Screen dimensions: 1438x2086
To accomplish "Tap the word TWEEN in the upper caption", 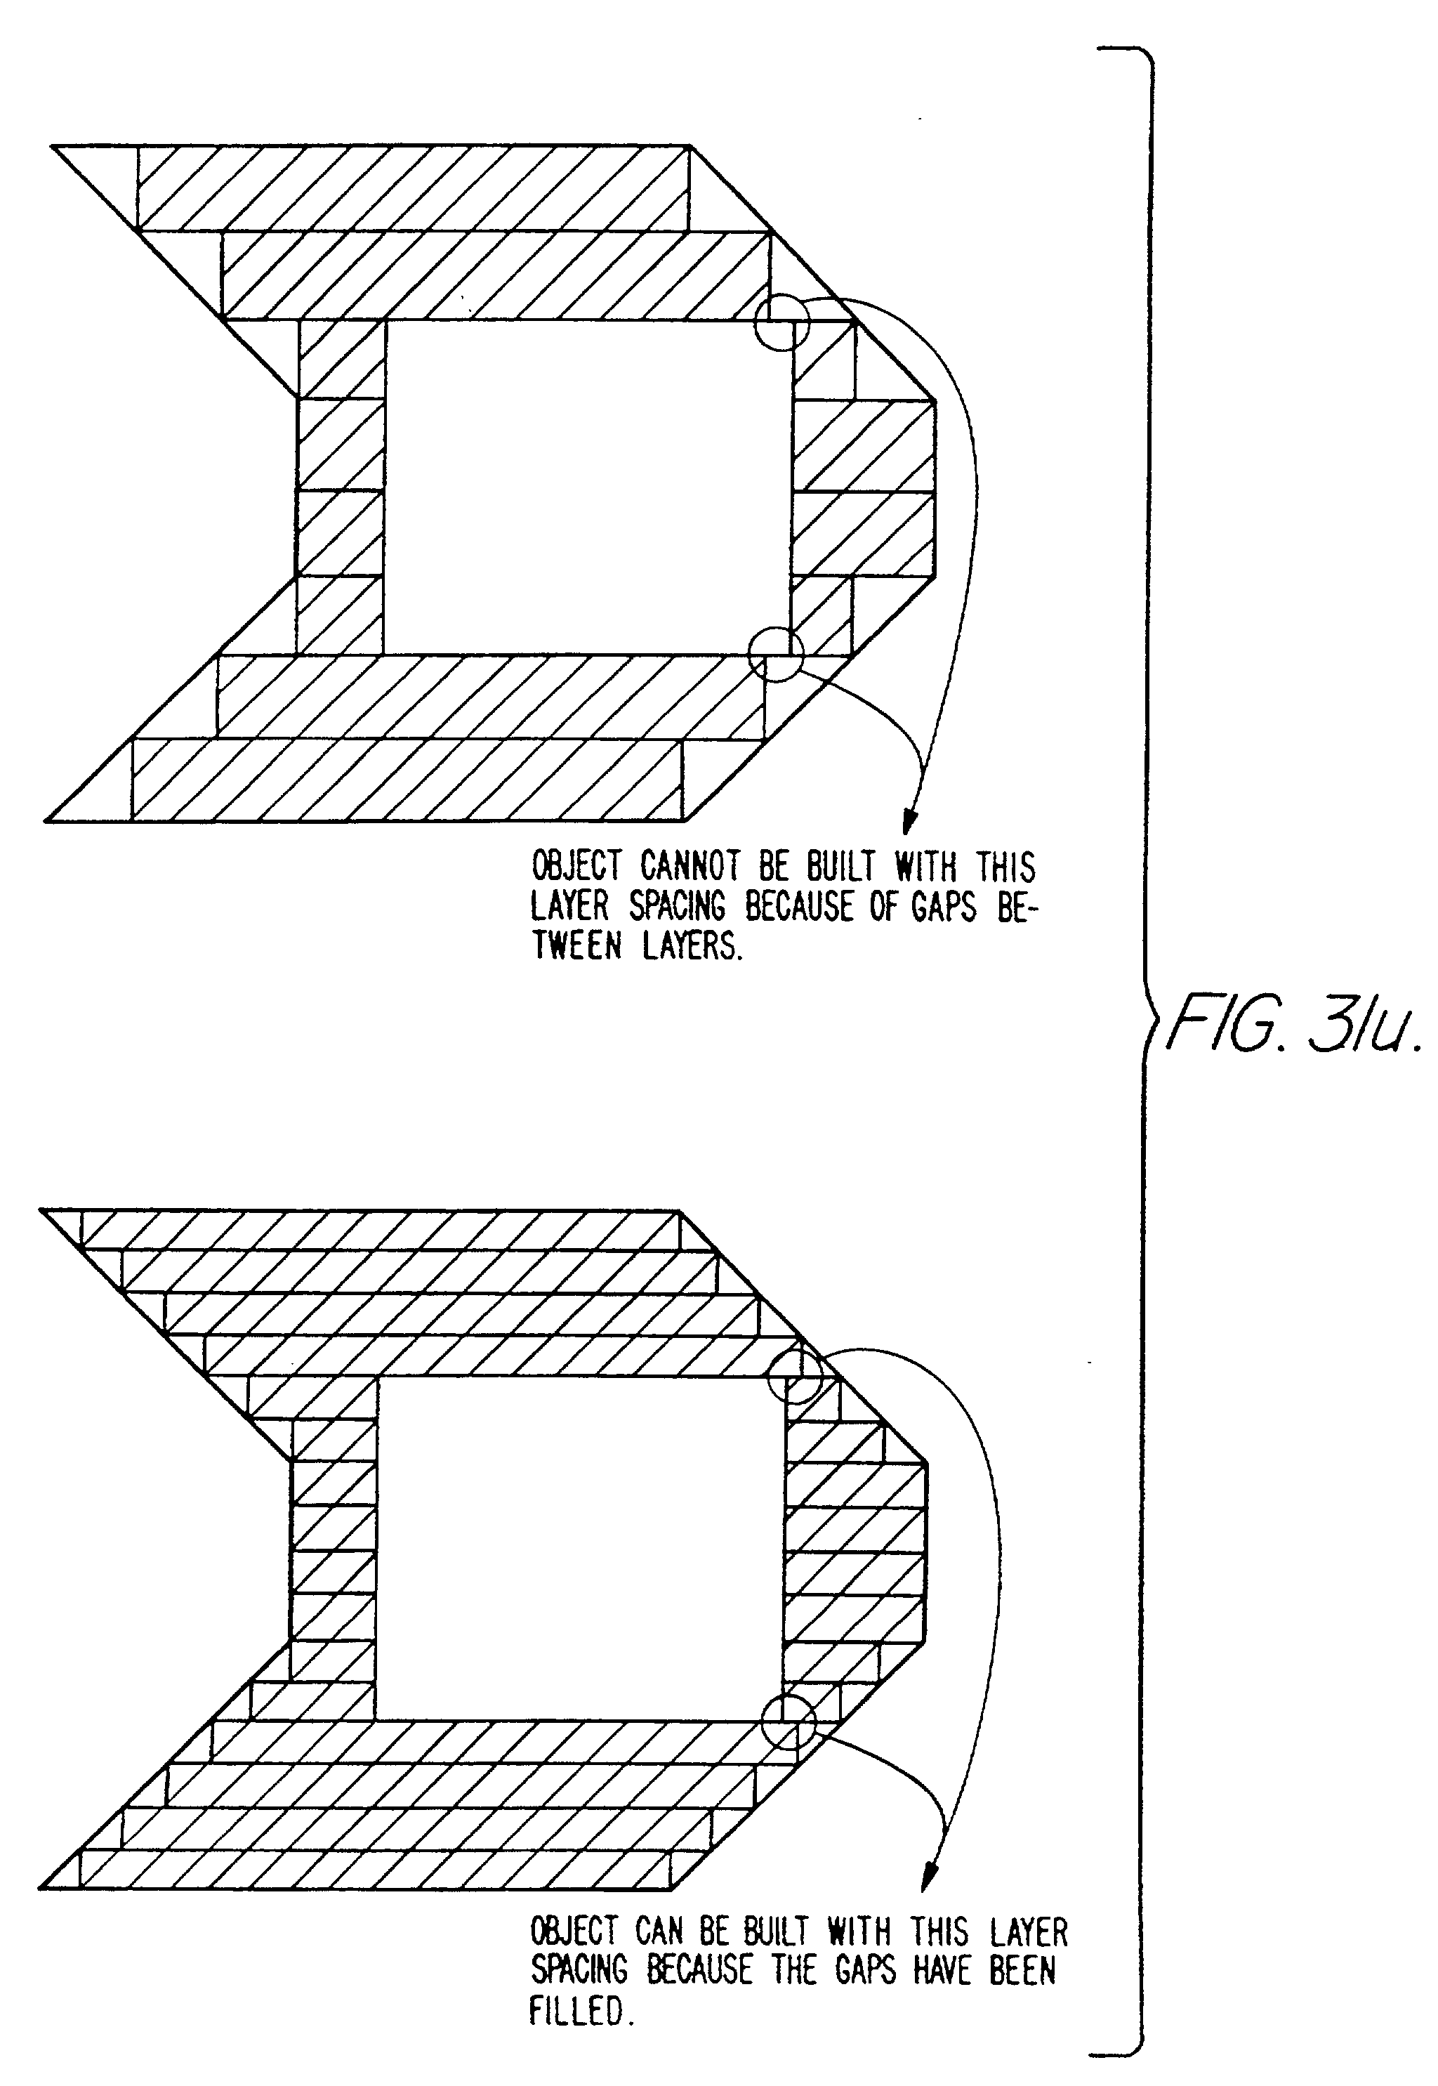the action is (576, 947).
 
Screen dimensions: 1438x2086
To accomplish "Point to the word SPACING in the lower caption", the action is (579, 1970).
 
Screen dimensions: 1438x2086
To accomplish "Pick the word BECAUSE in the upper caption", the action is (798, 907).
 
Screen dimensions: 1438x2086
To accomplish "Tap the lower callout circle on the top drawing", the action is (775, 653).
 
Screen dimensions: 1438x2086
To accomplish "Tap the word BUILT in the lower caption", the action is (775, 1931).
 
